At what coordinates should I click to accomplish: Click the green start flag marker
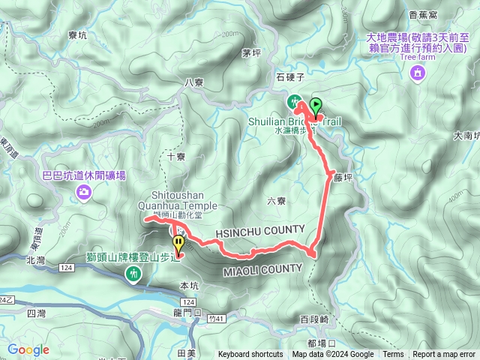point(316,106)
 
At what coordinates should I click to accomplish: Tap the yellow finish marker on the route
point(178,244)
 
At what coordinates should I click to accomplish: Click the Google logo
point(28,349)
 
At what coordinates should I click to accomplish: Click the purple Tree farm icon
point(418,72)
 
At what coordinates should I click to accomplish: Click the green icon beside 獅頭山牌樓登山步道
point(133,274)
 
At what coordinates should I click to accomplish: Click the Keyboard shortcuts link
point(250,355)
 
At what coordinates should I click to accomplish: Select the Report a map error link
point(444,355)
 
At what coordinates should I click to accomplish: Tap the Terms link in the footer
point(393,355)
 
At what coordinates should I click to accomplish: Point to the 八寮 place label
point(193,82)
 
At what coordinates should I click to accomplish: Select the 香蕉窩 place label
point(445,13)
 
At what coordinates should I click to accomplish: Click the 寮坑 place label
point(78,34)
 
